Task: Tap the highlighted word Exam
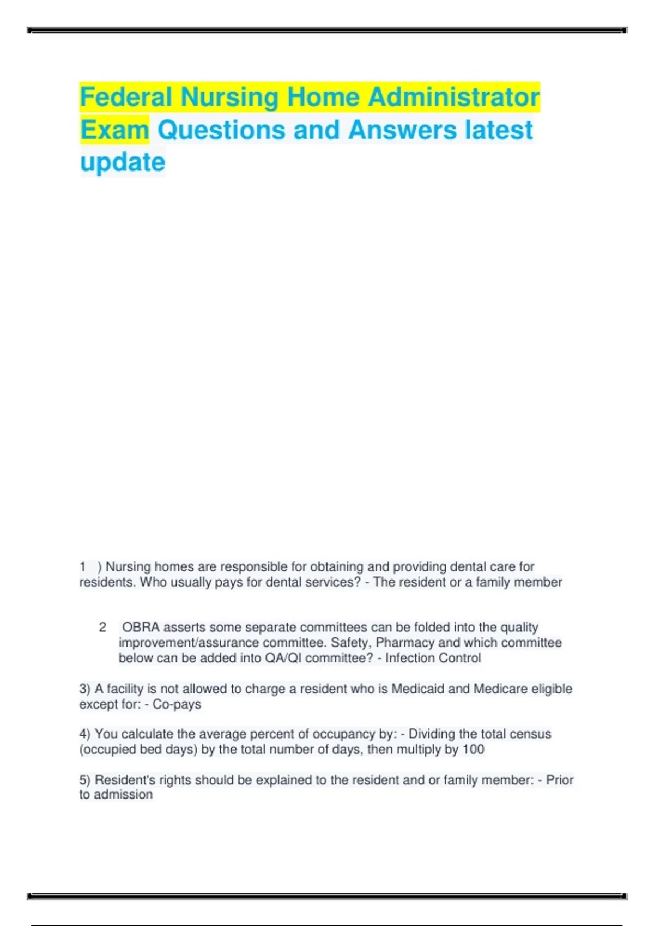114,130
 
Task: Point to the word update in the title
123,162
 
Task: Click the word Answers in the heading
402,130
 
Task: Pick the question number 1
83,567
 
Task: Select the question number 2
102,628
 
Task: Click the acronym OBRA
141,628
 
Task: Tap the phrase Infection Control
433,658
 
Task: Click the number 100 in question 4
473,750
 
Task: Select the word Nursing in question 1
128,567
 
